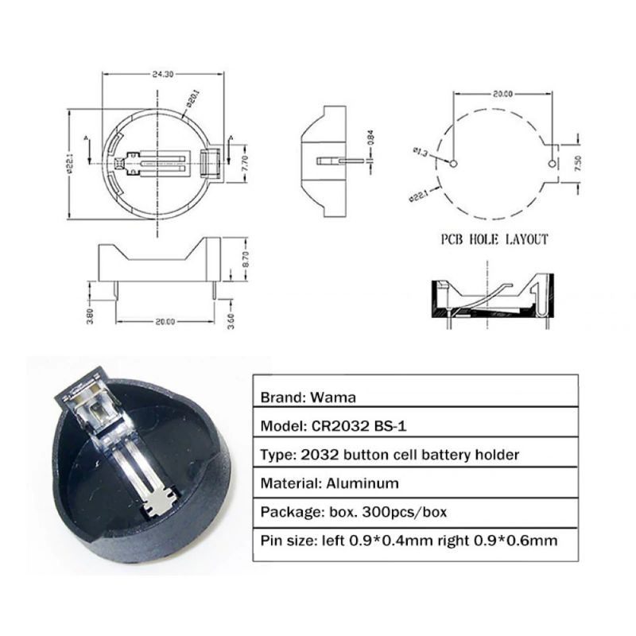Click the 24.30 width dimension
click(x=162, y=74)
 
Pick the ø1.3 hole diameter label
click(x=421, y=150)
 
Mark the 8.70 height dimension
click(x=246, y=259)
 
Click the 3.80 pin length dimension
click(x=90, y=316)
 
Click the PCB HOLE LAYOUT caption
click(x=494, y=239)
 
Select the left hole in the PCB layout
click(x=452, y=165)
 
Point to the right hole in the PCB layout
click(x=553, y=165)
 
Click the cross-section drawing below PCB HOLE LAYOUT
click(x=490, y=300)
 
